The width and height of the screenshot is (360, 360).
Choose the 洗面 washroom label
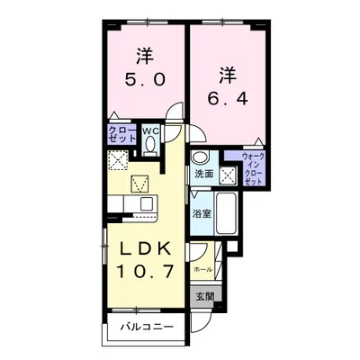[203, 174]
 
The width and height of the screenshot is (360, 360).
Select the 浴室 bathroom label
[203, 213]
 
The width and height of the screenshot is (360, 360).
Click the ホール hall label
[202, 269]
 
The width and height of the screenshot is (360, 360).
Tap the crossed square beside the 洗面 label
[228, 175]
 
